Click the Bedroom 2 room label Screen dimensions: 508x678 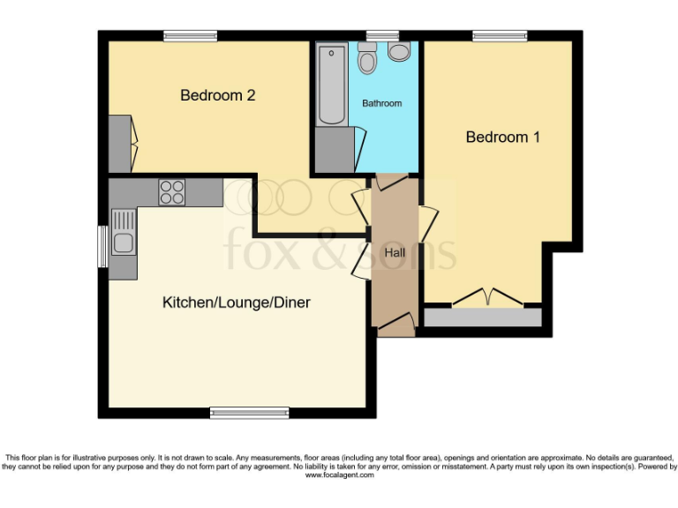point(217,95)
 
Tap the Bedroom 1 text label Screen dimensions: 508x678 point(502,137)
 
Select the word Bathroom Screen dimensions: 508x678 point(381,103)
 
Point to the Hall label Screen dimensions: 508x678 point(395,253)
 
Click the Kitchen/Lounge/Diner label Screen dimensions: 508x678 point(236,303)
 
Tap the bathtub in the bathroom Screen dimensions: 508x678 point(332,85)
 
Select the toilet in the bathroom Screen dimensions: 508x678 point(368,58)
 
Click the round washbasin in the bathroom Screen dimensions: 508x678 point(399,52)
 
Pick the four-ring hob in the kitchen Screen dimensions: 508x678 point(171,192)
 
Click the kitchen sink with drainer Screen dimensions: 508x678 point(123,232)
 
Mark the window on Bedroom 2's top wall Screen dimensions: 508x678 point(190,36)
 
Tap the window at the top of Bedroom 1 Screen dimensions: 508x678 point(499,36)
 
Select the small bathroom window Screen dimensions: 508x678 point(381,36)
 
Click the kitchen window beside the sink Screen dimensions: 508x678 point(102,246)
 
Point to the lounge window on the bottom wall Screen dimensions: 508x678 point(249,412)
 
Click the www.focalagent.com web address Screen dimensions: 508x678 point(340,475)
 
